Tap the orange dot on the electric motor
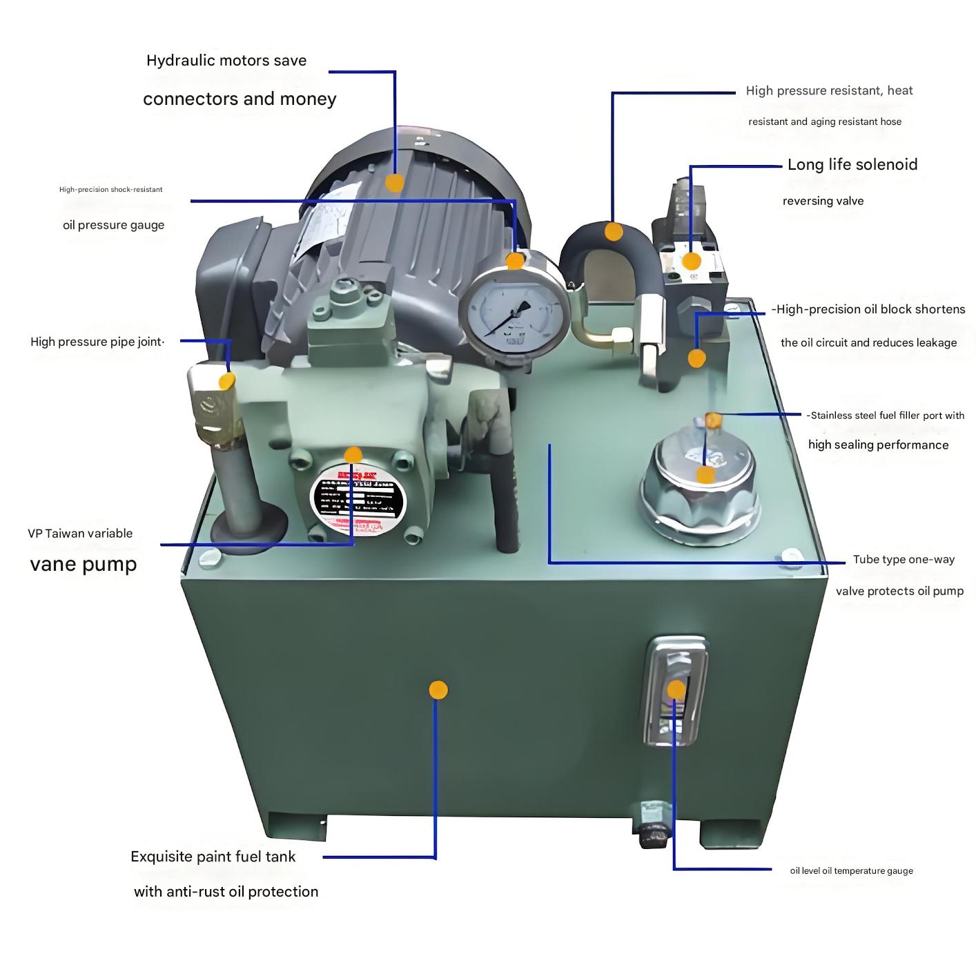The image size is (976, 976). point(394,183)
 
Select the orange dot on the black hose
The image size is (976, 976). point(613,231)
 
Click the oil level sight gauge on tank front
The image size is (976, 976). point(676,691)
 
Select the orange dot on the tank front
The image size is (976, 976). point(438,690)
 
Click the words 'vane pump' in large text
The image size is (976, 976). point(84,564)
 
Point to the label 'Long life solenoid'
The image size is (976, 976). point(852,164)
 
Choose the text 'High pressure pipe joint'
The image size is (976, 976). point(97,342)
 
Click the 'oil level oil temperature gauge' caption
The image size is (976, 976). point(851,871)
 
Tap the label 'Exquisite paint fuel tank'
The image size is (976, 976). point(213,857)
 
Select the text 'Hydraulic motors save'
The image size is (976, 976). point(226,61)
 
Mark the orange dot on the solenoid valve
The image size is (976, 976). point(691,261)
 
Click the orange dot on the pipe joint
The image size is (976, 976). point(226,380)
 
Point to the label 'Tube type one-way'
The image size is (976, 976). point(904,559)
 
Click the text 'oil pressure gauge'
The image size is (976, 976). point(114,225)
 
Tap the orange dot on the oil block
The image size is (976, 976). point(697,358)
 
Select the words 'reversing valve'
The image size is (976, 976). point(823,201)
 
